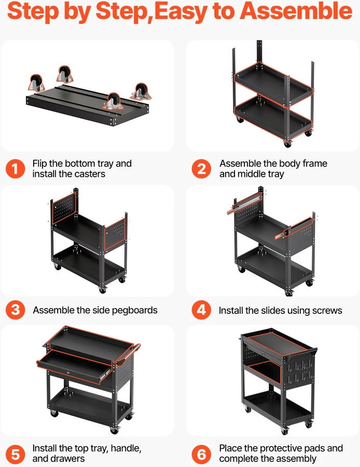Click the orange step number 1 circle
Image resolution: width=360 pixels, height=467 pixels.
[15, 169]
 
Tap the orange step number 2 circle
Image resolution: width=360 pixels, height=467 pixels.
[201, 169]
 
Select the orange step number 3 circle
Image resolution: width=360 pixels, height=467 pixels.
[15, 310]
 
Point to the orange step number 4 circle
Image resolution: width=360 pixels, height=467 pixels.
[201, 310]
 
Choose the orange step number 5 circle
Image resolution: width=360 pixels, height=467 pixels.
[15, 454]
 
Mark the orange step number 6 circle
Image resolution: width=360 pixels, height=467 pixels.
[201, 454]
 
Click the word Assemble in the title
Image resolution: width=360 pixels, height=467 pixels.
[296, 11]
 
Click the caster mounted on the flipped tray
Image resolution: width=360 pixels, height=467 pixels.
[113, 102]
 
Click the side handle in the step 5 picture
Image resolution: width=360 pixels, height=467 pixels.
[128, 354]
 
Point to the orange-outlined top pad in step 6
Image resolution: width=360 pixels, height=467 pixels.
[277, 343]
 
